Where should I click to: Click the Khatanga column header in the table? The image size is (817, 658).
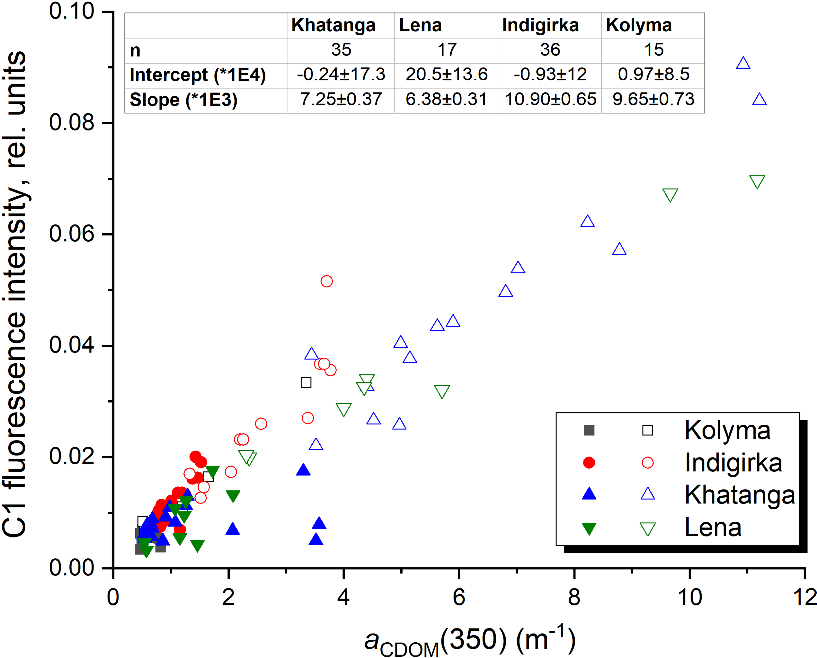(333, 26)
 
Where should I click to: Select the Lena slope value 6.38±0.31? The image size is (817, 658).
(446, 99)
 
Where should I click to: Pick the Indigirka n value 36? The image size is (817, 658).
(550, 50)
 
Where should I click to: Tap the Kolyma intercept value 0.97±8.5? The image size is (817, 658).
(653, 74)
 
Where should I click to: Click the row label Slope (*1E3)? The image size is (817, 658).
(183, 100)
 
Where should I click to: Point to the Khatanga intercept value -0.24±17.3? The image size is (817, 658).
(341, 74)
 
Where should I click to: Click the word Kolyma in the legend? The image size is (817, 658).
(727, 431)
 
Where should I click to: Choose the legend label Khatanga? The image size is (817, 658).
(739, 495)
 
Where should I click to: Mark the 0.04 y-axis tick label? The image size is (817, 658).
(71, 345)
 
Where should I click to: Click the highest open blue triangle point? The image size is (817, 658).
(743, 63)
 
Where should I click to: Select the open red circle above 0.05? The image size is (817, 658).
(326, 281)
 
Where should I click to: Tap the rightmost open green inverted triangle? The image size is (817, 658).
(757, 182)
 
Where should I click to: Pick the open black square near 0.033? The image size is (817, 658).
(306, 383)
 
